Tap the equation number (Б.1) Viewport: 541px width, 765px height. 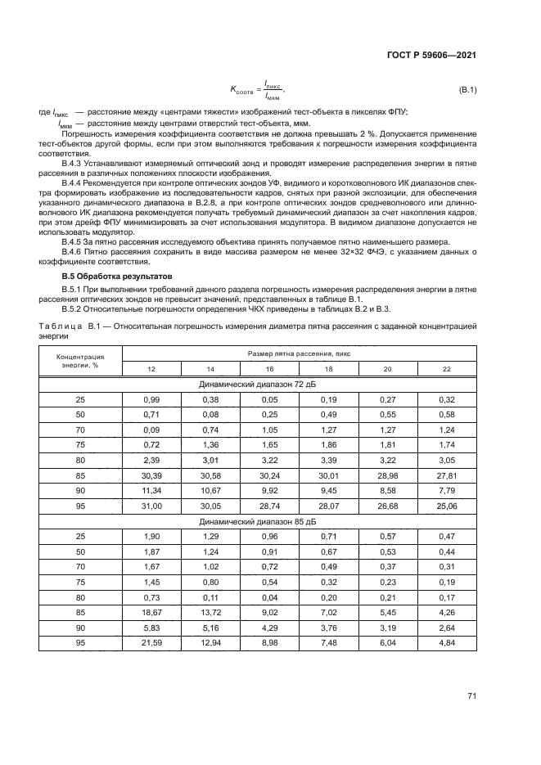click(x=467, y=89)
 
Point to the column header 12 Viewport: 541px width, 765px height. click(x=151, y=369)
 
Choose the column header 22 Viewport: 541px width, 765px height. click(x=447, y=369)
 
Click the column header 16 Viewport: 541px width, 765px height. click(x=269, y=369)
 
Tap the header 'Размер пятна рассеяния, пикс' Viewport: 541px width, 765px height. click(x=300, y=353)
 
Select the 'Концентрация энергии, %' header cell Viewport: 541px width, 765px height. click(x=80, y=361)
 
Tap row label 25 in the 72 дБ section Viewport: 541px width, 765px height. click(x=80, y=398)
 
